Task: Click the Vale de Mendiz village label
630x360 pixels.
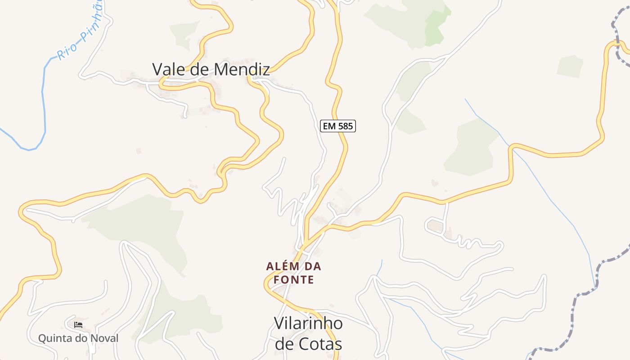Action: (x=211, y=69)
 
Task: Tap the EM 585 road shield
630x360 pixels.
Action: (x=338, y=126)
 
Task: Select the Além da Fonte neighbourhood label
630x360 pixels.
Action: (x=293, y=273)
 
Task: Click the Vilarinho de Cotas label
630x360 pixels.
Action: (x=308, y=333)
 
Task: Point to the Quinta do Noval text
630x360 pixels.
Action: (x=78, y=338)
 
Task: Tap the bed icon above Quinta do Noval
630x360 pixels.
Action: (x=78, y=324)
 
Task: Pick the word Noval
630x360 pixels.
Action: (x=104, y=338)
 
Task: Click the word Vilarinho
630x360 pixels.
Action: (x=308, y=323)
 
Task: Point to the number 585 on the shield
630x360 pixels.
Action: (x=345, y=126)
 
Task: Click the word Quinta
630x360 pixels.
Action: (x=53, y=338)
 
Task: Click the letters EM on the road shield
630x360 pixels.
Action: (x=329, y=126)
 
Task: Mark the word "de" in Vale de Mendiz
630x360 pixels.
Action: (x=198, y=69)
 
